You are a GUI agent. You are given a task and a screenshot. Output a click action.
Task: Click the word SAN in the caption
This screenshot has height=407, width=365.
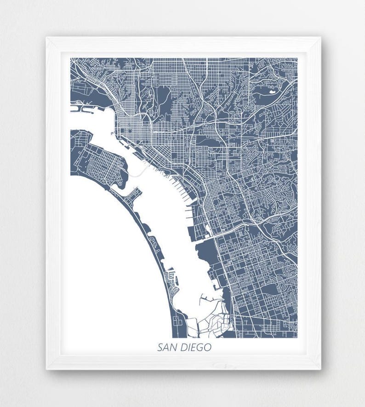[x=167, y=348]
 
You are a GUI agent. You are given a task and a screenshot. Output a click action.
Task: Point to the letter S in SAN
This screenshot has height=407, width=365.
[x=160, y=348]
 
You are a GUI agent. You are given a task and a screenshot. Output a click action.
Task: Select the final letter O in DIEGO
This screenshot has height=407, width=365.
[x=208, y=348]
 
